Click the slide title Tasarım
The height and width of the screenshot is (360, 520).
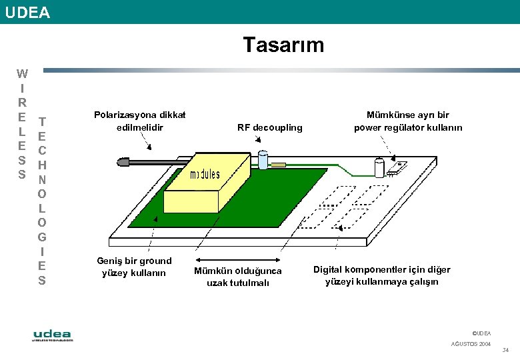[283, 45]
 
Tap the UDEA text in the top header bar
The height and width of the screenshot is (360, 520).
[27, 11]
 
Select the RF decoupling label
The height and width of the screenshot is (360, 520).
[269, 127]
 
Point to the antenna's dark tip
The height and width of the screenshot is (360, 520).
[122, 161]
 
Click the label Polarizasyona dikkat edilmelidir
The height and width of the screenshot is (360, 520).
[139, 121]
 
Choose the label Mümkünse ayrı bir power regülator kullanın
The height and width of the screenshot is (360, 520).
[408, 121]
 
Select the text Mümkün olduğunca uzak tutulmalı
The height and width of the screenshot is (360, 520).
[238, 277]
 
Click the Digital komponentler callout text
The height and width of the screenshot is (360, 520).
[382, 275]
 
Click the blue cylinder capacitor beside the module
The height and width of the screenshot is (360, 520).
[263, 160]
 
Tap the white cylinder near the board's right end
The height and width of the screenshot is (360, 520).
[379, 167]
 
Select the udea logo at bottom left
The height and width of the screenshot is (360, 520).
[53, 335]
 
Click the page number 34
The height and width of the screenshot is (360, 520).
[505, 351]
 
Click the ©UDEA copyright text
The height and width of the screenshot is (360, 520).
[481, 333]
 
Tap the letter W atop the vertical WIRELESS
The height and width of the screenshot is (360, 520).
[22, 73]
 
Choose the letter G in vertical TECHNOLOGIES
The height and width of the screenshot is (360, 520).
[42, 237]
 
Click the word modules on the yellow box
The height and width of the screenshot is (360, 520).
[205, 175]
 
